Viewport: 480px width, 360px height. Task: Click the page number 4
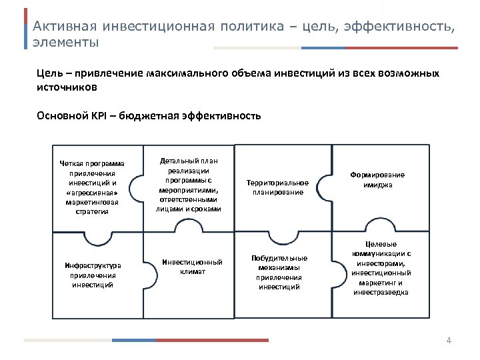coord(449,341)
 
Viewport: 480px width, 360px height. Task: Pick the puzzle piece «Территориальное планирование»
coord(277,187)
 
